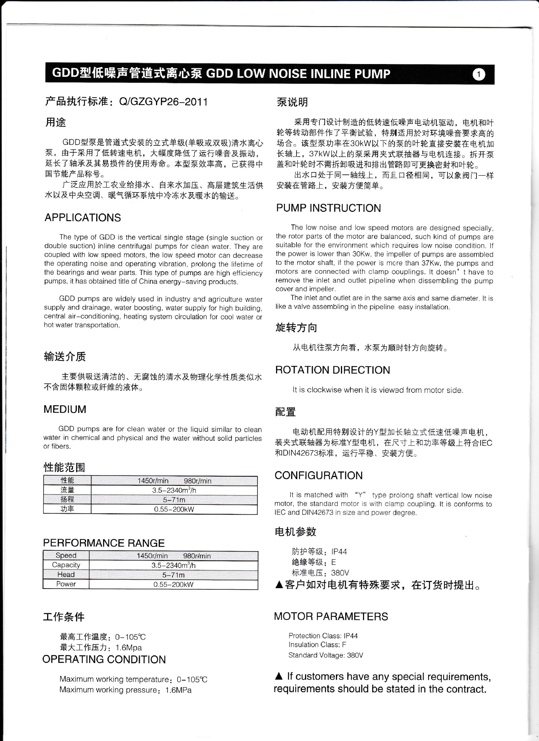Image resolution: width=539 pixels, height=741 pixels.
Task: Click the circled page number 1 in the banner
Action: (x=479, y=74)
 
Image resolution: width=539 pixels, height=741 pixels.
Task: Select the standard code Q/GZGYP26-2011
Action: (x=164, y=102)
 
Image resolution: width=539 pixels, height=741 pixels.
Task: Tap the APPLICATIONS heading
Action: (x=83, y=218)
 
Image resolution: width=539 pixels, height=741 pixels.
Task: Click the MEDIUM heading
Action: (x=65, y=409)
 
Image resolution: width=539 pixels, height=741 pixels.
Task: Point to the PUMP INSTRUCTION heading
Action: (x=329, y=208)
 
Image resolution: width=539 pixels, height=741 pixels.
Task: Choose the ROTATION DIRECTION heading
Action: (x=332, y=370)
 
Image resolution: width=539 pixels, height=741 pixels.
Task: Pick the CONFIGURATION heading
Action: (x=319, y=475)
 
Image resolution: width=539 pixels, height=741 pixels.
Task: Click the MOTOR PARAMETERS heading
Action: (x=331, y=616)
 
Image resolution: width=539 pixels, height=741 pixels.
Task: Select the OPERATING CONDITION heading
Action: (x=104, y=659)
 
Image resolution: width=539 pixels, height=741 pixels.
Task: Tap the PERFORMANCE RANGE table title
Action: (x=104, y=543)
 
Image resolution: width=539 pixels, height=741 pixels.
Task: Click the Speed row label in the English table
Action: (x=66, y=555)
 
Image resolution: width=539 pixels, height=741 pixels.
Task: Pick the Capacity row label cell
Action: (x=66, y=565)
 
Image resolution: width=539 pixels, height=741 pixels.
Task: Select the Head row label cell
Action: (x=66, y=575)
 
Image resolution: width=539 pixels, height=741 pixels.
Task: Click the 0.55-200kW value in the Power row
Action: (x=173, y=584)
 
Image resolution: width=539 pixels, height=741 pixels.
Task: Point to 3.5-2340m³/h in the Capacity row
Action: (x=173, y=565)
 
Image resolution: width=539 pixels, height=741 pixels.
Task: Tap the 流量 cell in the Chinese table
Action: (x=67, y=490)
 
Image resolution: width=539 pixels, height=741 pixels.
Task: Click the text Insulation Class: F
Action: (x=317, y=645)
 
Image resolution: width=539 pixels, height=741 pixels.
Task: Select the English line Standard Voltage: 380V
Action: (x=325, y=655)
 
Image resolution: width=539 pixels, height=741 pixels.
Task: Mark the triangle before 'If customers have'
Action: (x=279, y=677)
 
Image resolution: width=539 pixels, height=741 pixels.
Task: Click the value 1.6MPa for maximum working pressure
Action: (x=178, y=690)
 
